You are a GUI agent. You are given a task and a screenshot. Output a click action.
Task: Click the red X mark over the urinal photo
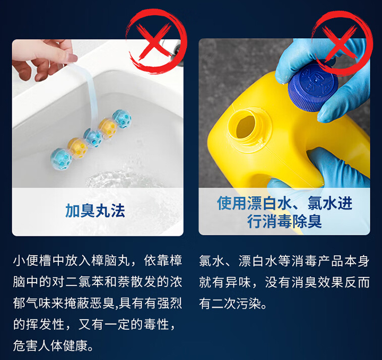point(153,41)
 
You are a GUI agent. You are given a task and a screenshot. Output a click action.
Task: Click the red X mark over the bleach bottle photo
point(340,43)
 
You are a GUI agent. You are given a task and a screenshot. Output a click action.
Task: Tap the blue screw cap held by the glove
point(312,87)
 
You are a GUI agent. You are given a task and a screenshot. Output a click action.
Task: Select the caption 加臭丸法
point(95,210)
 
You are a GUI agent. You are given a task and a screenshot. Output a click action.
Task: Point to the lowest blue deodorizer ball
point(61,159)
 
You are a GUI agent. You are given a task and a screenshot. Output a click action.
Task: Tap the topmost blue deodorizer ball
point(122,119)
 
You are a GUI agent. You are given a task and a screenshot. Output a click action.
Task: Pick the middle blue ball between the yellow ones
point(93,138)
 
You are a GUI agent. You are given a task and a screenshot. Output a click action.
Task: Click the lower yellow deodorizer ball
point(77,148)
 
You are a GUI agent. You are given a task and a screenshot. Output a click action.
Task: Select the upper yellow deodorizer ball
point(107,128)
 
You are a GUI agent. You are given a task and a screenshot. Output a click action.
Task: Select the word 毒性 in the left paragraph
point(157,324)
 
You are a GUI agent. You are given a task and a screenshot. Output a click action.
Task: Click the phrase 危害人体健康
point(50,345)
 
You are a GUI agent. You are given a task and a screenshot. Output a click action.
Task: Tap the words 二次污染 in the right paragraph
point(236,303)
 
